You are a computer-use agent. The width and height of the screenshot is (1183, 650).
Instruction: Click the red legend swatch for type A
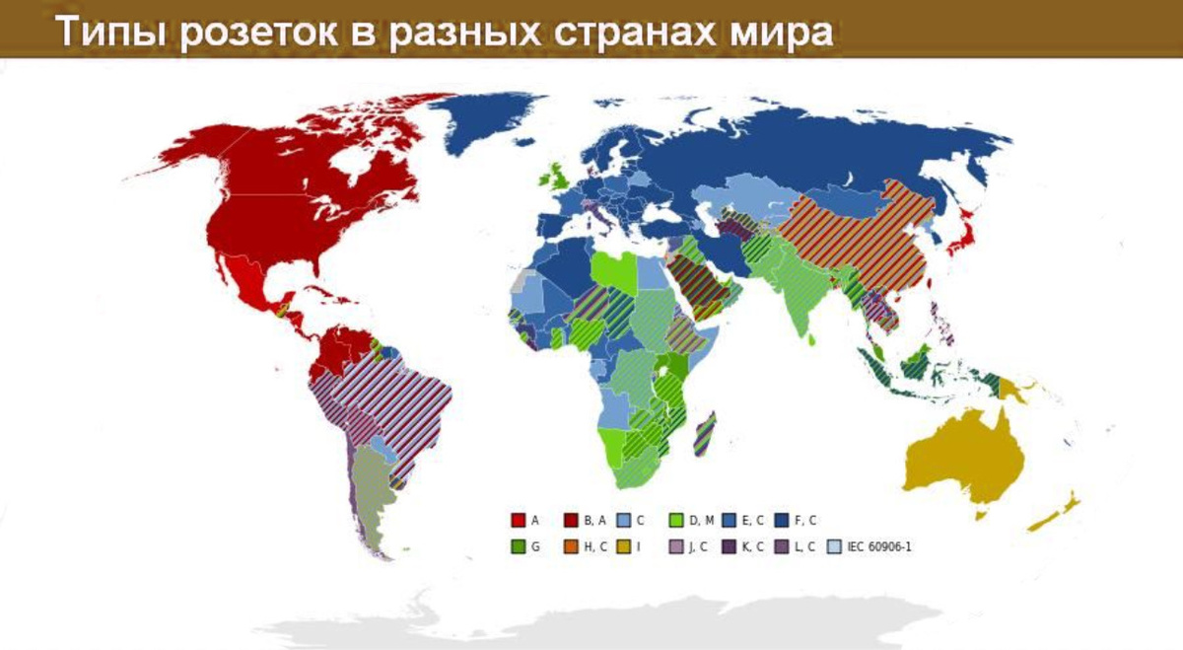tap(518, 520)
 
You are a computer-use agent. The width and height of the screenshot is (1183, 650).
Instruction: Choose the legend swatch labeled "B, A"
tap(571, 520)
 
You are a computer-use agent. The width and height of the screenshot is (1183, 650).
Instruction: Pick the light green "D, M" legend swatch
tap(676, 520)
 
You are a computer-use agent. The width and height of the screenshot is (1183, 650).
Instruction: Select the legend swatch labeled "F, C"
tap(782, 520)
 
